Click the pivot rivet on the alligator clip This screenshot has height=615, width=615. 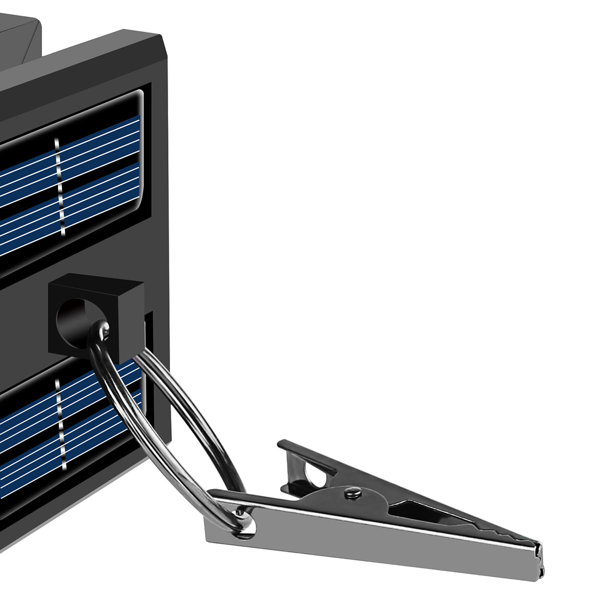pyautogui.click(x=352, y=493)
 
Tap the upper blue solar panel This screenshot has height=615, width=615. pyautogui.click(x=72, y=184)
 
